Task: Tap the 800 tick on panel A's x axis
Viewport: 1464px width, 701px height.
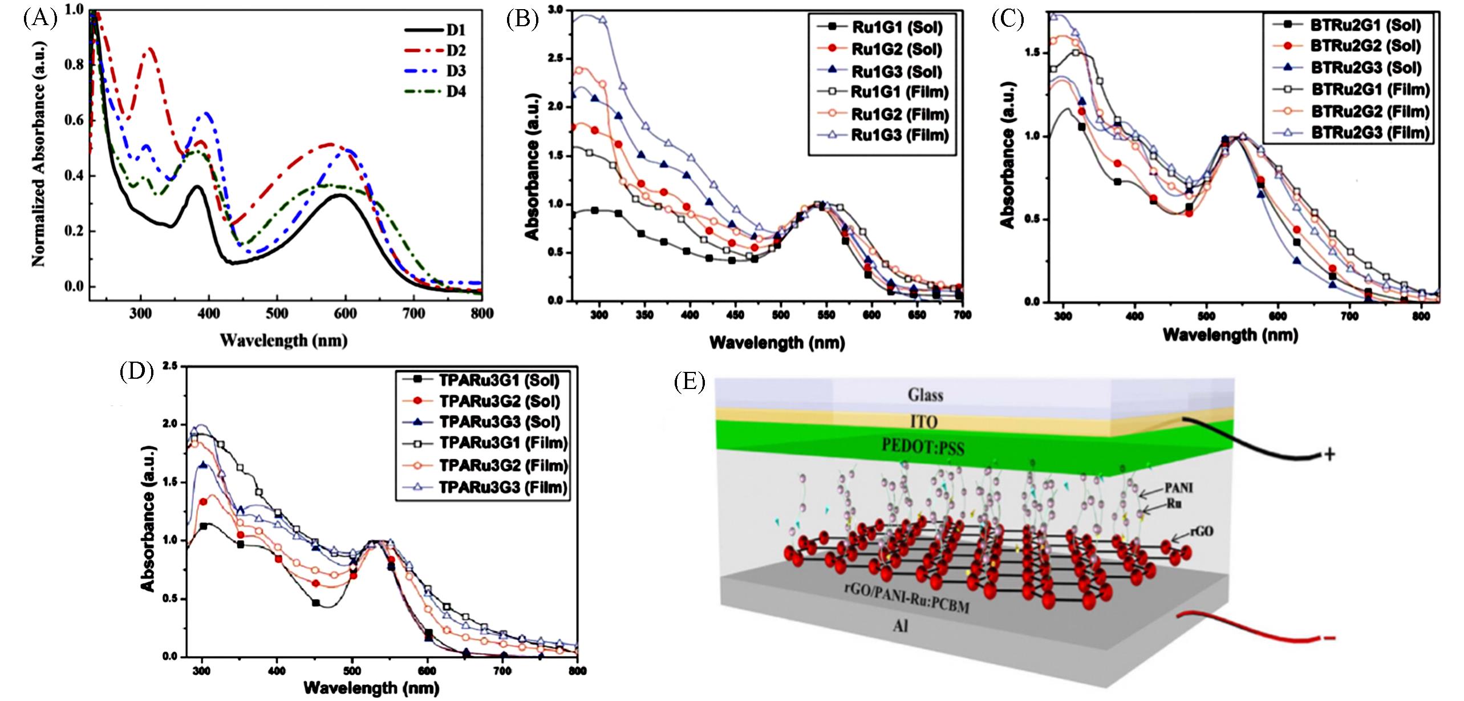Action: coord(482,313)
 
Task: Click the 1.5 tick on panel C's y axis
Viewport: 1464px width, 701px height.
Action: coord(1032,53)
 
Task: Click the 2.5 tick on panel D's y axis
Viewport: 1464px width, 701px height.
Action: coord(169,366)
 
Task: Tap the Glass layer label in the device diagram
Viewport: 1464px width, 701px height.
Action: coord(925,395)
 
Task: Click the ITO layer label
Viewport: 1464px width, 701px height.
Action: coord(924,422)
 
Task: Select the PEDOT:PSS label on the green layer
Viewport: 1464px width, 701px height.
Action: coord(923,446)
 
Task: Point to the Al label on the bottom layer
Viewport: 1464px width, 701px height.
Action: coord(900,626)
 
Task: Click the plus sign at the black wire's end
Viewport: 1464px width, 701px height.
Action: coord(1329,455)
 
